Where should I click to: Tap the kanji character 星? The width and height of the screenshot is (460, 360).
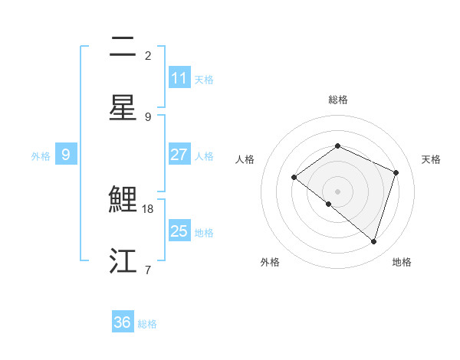point(123,108)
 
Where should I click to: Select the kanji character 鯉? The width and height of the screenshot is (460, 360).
point(123,200)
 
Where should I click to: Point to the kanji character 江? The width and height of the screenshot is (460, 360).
point(123,261)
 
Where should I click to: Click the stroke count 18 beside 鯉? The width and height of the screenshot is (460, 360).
point(148,208)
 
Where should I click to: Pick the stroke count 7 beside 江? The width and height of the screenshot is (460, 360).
point(148,270)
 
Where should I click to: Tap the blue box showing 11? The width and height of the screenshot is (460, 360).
point(179,78)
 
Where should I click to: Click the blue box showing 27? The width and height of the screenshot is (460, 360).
point(179,155)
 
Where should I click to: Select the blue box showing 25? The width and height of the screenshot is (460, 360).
point(179,231)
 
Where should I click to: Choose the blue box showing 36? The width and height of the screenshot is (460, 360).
point(123,322)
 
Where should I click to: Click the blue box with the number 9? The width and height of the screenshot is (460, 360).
point(66,155)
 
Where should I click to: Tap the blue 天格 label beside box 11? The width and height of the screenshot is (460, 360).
point(204,79)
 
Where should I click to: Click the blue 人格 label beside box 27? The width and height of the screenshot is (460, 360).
point(204,155)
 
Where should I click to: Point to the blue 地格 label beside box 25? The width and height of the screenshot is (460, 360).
point(204,232)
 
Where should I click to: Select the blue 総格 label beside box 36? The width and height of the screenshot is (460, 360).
point(147,323)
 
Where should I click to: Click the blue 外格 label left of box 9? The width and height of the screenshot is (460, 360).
point(41,155)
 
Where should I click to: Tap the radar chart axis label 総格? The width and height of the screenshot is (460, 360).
point(337,100)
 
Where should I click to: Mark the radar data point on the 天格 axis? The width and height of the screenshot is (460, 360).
point(396,172)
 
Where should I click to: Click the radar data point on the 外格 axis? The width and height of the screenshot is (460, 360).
point(329,204)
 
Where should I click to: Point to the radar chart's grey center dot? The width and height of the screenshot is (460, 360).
point(337,191)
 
